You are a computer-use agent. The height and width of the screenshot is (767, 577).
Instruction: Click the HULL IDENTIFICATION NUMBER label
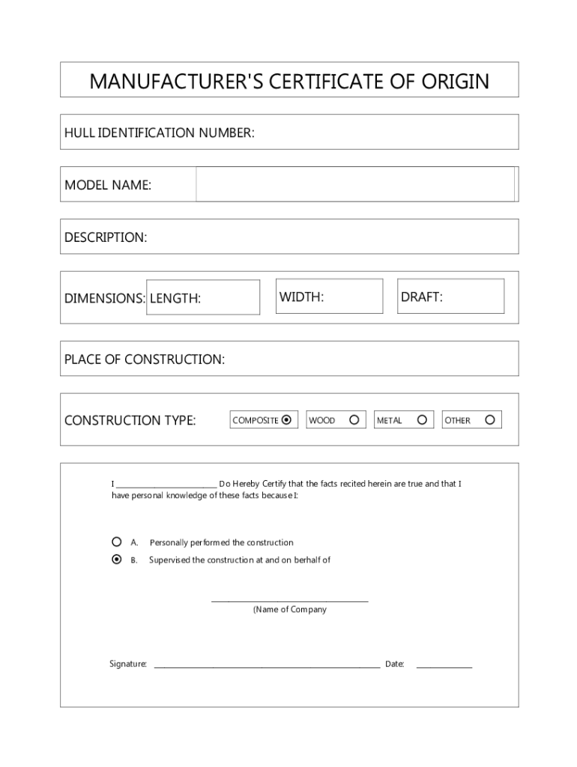(x=160, y=133)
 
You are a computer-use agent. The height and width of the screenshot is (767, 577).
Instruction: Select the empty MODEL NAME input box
(x=355, y=184)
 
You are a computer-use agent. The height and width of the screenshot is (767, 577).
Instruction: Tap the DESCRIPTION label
(x=106, y=237)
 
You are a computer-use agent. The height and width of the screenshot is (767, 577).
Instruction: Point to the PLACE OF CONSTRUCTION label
(x=145, y=360)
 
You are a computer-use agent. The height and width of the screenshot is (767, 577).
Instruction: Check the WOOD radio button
(x=354, y=420)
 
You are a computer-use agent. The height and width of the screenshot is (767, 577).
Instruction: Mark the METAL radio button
(x=422, y=420)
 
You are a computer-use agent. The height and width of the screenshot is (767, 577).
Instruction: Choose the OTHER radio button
(x=489, y=420)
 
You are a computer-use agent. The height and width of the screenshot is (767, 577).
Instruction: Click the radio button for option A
(x=116, y=542)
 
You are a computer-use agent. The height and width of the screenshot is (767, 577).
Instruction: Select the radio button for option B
(x=116, y=560)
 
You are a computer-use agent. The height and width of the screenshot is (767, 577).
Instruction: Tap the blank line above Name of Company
(x=289, y=600)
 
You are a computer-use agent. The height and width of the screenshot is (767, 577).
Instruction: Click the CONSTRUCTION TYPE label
(x=130, y=420)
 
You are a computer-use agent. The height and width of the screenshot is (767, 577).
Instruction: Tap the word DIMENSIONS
(x=105, y=299)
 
